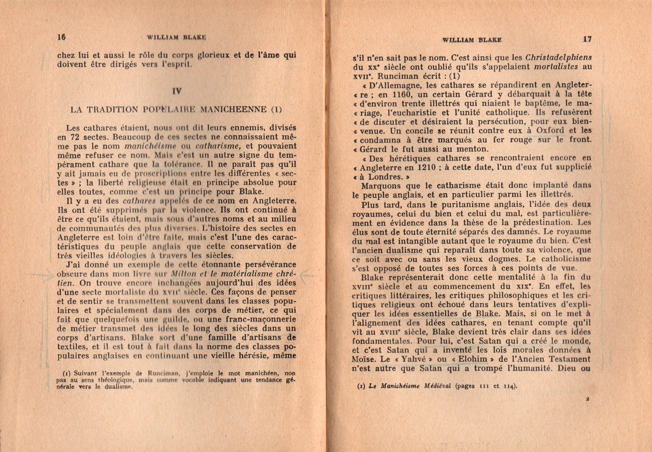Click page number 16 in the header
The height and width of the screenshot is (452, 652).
[x=62, y=37]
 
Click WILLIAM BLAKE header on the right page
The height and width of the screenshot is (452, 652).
[x=472, y=40]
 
